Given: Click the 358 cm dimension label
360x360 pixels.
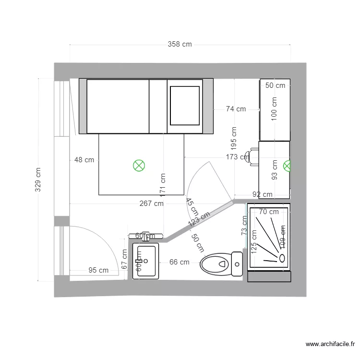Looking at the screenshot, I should coord(180,45).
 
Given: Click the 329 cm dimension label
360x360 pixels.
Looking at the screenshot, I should coord(38,180).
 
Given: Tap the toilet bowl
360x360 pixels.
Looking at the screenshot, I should coord(215,264).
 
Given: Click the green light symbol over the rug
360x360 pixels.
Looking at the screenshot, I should coord(139,166).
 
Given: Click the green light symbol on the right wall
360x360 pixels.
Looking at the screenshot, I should coord(287,166).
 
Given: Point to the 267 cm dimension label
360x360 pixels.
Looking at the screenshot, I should coord(151,204).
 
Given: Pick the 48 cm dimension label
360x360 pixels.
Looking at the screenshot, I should coord(84,160).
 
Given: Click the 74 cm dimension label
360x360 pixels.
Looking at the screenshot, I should coord(236,109).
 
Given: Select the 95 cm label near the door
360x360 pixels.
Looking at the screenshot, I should coord(98,270).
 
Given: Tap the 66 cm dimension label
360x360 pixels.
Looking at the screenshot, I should coord(179,262).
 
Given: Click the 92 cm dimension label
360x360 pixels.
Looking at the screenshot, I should coord(263,195).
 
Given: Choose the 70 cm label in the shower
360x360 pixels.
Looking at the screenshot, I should coord(268,212).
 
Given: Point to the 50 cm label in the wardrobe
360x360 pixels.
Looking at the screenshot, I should coord(275,86).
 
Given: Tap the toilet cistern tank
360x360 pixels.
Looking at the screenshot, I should coord(237,264).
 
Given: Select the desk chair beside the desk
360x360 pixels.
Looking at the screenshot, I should coord(248,156).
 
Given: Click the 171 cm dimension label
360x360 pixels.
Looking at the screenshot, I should coord(163,185).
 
